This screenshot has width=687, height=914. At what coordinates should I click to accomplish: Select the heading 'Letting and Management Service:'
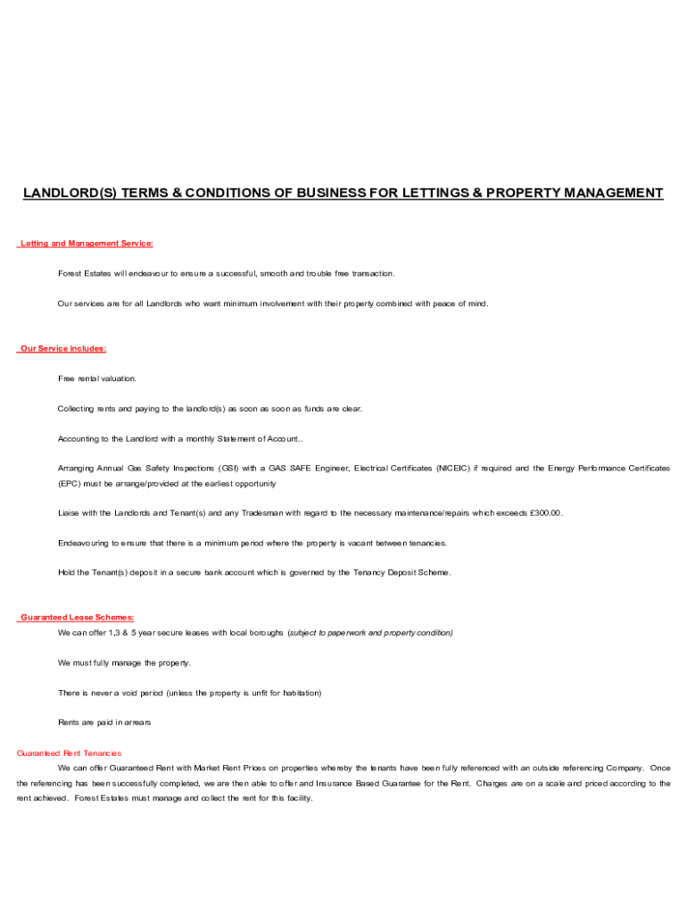87,243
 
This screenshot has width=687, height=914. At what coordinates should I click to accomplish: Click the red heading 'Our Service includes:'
62,348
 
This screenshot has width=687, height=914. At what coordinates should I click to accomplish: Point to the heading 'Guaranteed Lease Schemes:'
77,617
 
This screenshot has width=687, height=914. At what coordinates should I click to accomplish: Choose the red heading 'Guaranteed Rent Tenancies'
70,753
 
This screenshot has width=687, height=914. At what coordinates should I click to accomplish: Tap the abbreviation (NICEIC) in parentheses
455,468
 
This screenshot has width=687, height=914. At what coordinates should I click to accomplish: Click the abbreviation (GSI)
228,468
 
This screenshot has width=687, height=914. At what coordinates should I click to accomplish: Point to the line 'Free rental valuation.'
97,378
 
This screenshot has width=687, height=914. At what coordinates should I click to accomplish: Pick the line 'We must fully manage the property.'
124,663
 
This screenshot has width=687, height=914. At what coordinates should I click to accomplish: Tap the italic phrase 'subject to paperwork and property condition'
370,633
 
